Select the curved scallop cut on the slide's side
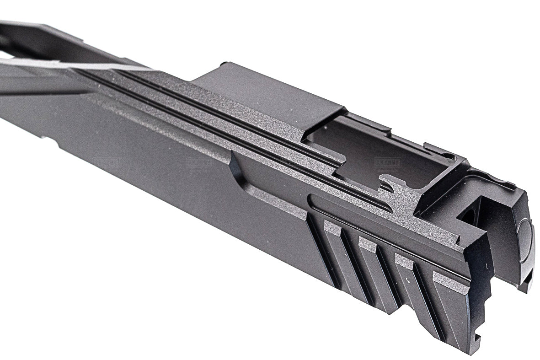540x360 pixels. click(x=240, y=174)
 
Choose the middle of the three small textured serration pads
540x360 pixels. click(x=369, y=242)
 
